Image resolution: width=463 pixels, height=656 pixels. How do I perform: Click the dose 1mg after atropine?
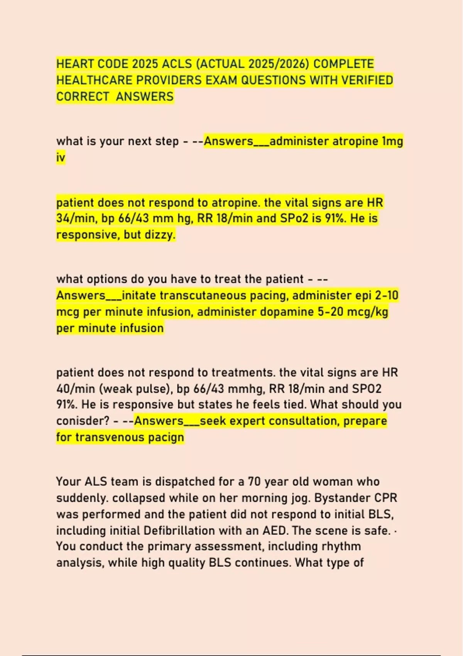392,141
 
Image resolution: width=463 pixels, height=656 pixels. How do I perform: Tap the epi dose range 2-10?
386,296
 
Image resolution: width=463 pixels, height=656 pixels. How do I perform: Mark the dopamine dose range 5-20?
331,312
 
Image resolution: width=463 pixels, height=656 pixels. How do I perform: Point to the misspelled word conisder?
83,421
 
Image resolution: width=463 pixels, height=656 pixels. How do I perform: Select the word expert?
247,421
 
